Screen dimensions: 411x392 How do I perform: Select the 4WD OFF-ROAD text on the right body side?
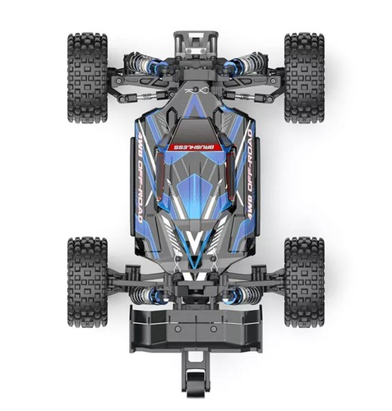[245, 176]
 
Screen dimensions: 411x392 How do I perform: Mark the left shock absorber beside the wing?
[148, 294]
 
